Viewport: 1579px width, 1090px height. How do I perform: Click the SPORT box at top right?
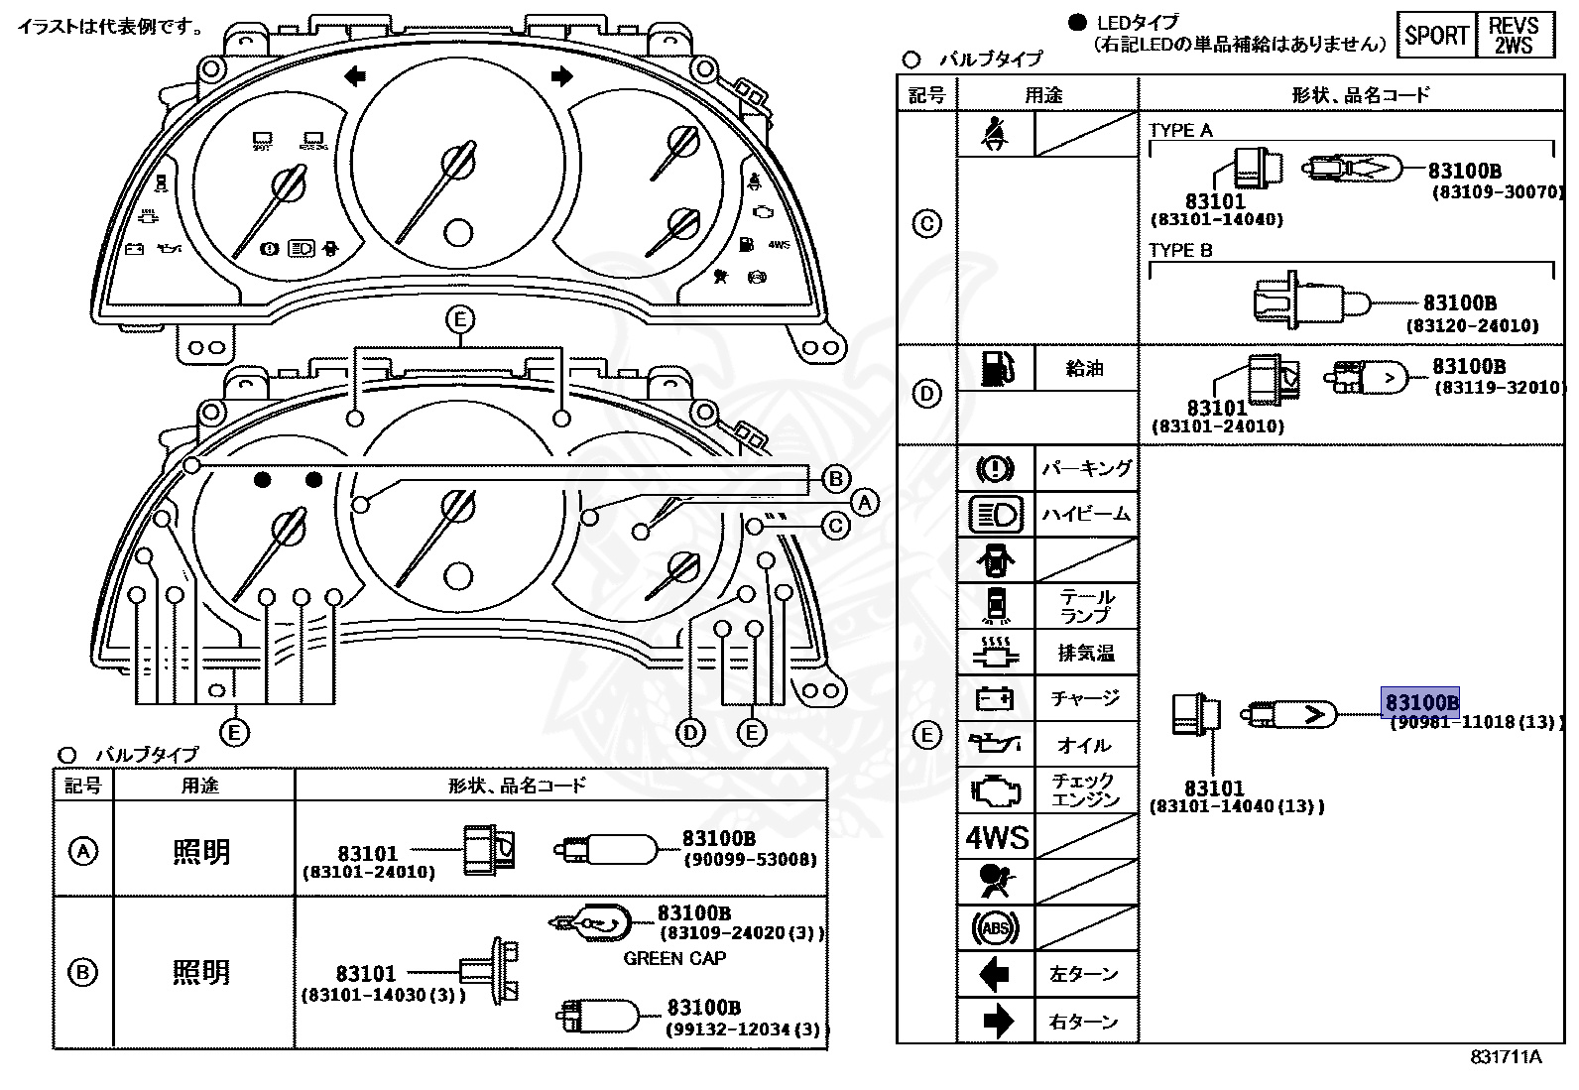[x=1435, y=36]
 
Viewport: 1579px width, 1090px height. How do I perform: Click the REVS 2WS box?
[x=1515, y=36]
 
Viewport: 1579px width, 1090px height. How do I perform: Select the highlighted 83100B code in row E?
[x=1421, y=702]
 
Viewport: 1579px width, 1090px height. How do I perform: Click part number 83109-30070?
[x=1497, y=192]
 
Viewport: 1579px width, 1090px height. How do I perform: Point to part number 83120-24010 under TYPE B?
[x=1472, y=325]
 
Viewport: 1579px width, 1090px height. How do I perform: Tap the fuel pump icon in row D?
[x=996, y=368]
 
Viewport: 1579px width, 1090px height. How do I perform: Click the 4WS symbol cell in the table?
[x=997, y=837]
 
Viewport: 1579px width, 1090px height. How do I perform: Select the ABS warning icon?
[x=996, y=928]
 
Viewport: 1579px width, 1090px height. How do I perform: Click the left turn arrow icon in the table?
[x=995, y=975]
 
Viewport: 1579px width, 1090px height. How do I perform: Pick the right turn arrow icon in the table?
[x=996, y=1021]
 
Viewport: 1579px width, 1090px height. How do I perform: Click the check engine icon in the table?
[x=996, y=790]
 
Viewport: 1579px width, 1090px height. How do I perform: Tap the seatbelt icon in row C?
[x=996, y=134]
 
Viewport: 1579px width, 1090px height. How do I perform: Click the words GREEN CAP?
[x=674, y=958]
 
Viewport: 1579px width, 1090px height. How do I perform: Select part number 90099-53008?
[x=750, y=859]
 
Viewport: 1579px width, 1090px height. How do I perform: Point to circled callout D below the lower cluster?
[x=690, y=733]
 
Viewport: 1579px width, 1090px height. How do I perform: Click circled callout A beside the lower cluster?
[x=865, y=503]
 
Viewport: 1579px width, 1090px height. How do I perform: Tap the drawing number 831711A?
[x=1506, y=1057]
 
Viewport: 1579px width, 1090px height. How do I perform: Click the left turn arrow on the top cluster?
[x=354, y=76]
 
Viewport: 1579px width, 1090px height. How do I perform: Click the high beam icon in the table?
[x=996, y=514]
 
